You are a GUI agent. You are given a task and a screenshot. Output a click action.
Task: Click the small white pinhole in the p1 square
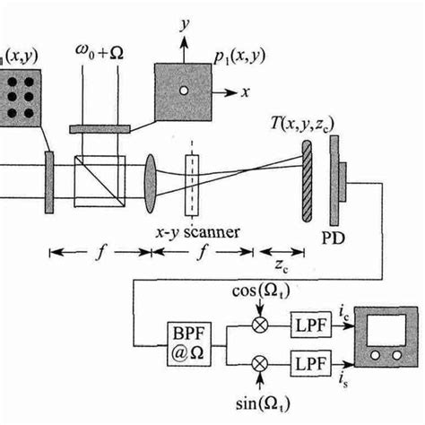pyautogui.click(x=184, y=91)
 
